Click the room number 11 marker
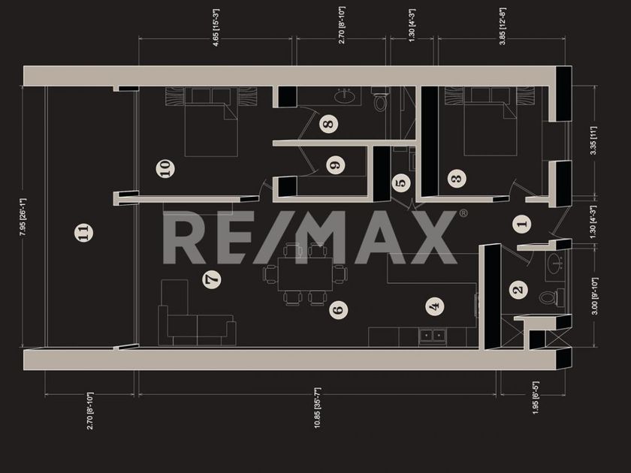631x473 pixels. pyautogui.click(x=85, y=233)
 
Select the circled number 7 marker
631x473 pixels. pyautogui.click(x=213, y=279)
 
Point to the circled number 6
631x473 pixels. pyautogui.click(x=338, y=308)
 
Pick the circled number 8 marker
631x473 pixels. pyautogui.click(x=328, y=124)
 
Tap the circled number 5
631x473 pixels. pyautogui.click(x=400, y=181)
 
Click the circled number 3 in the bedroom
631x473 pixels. pyautogui.click(x=455, y=178)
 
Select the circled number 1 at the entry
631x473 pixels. pyautogui.click(x=523, y=222)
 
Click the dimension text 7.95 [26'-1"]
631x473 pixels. pyautogui.click(x=23, y=217)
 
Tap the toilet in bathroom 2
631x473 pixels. pyautogui.click(x=547, y=297)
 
